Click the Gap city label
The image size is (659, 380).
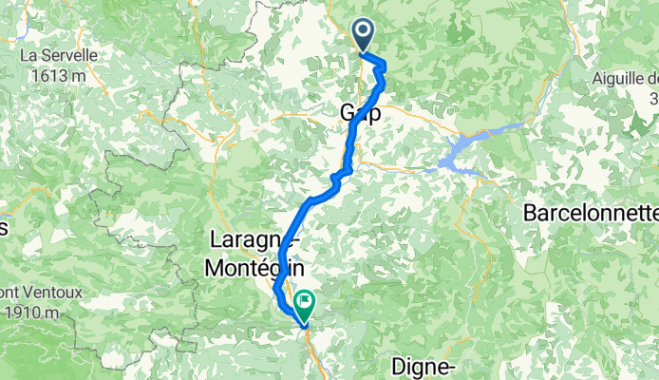click(360, 113)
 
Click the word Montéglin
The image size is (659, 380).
click(248, 269)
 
